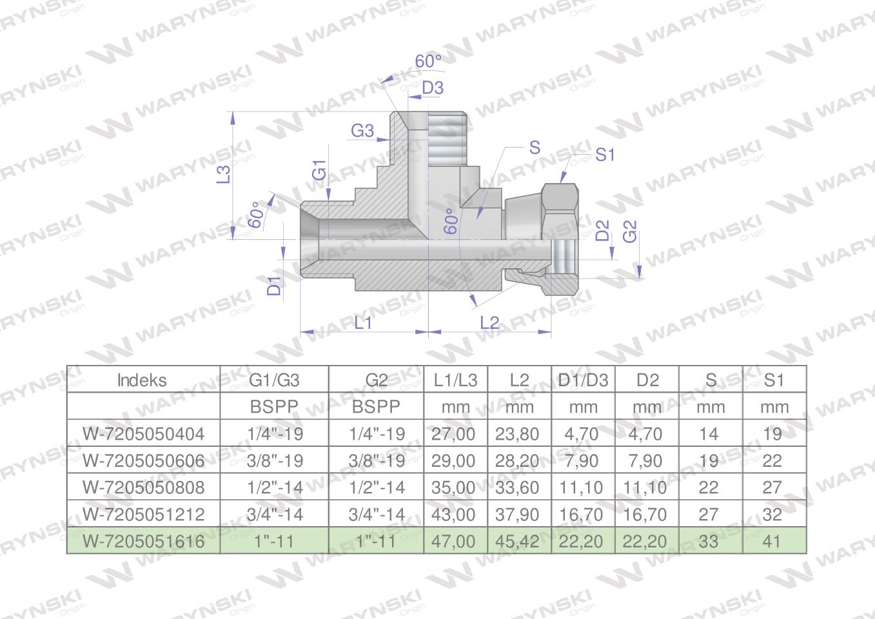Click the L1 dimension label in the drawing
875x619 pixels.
coord(362,323)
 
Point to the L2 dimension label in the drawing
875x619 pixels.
coord(489,323)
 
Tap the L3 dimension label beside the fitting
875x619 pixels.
coord(224,175)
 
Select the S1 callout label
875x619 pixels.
coord(605,155)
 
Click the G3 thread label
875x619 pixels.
coord(362,131)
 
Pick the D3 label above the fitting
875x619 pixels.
coord(433,88)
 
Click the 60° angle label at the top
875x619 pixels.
coord(428,61)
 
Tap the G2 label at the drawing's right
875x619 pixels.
coord(630,231)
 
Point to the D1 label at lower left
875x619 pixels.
coord(274,286)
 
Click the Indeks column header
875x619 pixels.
coord(142,380)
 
